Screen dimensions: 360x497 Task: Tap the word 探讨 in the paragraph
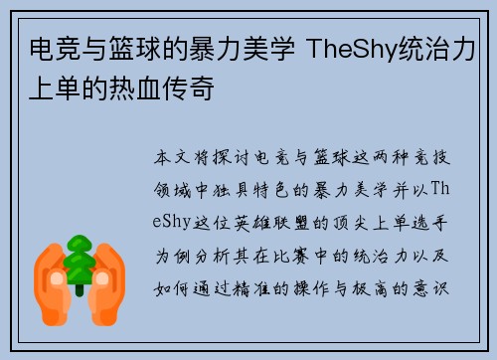coord(241,158)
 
